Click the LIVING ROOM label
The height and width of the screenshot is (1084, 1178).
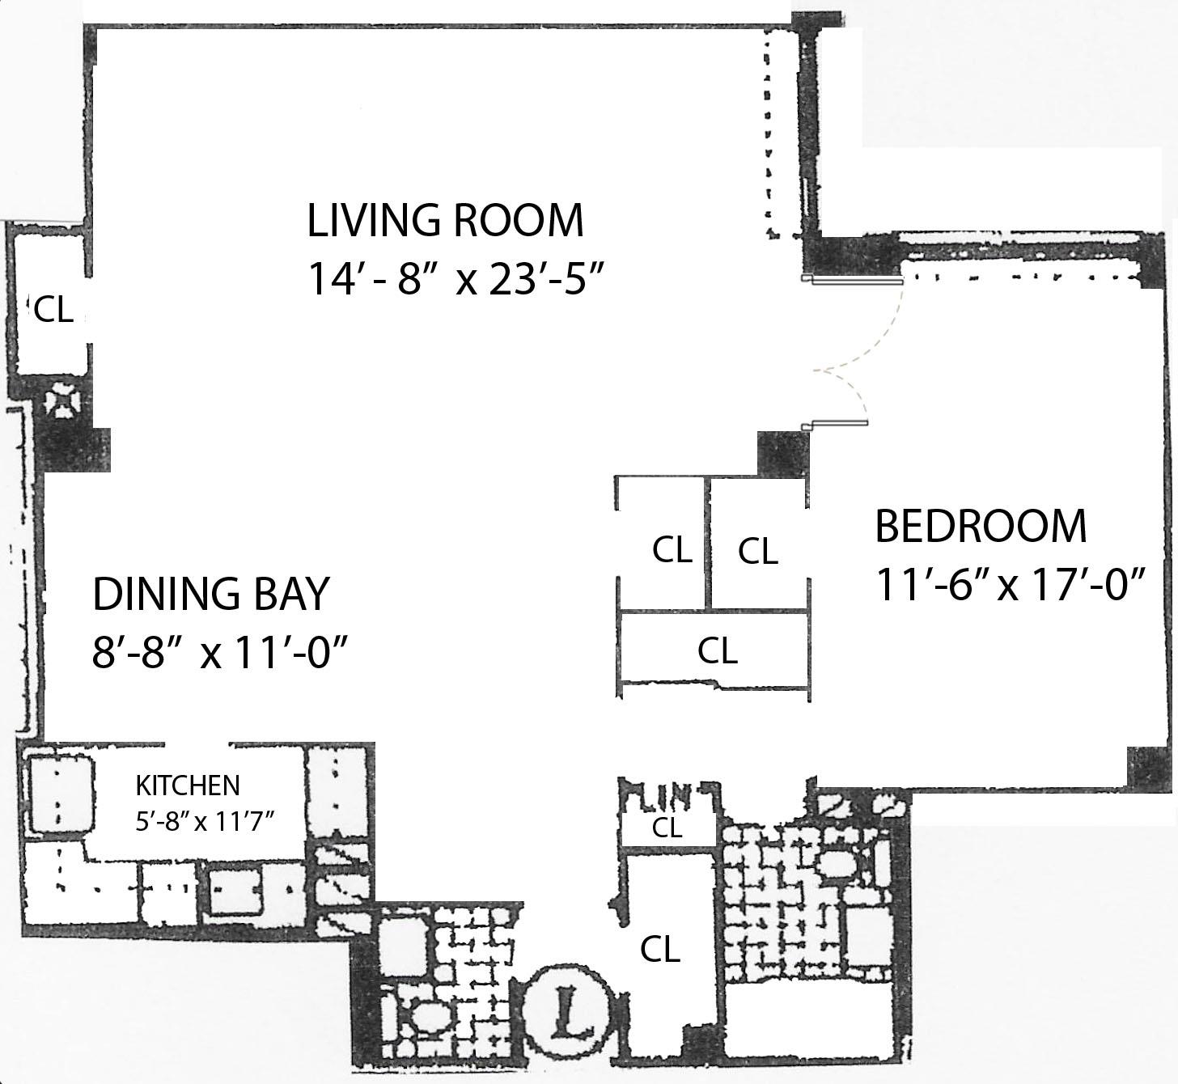point(445,221)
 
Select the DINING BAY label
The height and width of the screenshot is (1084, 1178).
point(211,594)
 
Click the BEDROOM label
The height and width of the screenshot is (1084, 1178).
point(981,527)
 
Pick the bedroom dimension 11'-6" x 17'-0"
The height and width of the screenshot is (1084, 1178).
point(1011,585)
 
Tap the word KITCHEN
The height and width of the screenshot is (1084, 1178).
point(187,785)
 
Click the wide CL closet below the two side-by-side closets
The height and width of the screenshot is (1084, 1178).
point(717,650)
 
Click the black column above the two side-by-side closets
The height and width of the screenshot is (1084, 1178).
point(782,454)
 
